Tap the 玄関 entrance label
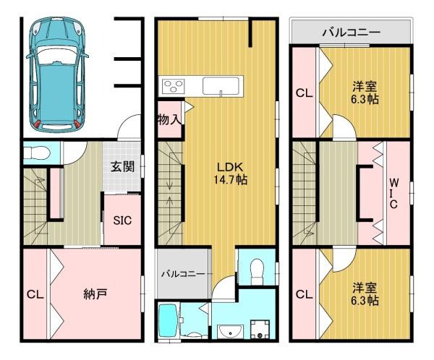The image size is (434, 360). (x=121, y=166)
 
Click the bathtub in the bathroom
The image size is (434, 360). (x=168, y=320)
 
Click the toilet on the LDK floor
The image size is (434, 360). (x=254, y=273)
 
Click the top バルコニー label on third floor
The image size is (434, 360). (x=351, y=32)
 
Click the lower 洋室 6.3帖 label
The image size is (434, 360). (x=365, y=293)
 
